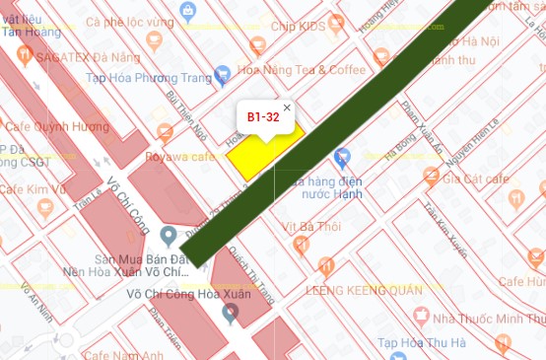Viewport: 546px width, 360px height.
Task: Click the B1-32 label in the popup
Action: tap(263, 117)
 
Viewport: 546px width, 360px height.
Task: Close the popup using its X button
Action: tap(287, 108)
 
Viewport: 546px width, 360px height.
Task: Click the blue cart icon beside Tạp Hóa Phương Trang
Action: tap(223, 71)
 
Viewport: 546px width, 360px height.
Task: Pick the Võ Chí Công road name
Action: tap(128, 205)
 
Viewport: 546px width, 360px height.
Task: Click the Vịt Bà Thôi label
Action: tap(310, 226)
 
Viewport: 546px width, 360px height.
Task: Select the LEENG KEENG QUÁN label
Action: tap(364, 290)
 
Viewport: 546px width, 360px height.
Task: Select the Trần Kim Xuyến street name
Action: tap(444, 225)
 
